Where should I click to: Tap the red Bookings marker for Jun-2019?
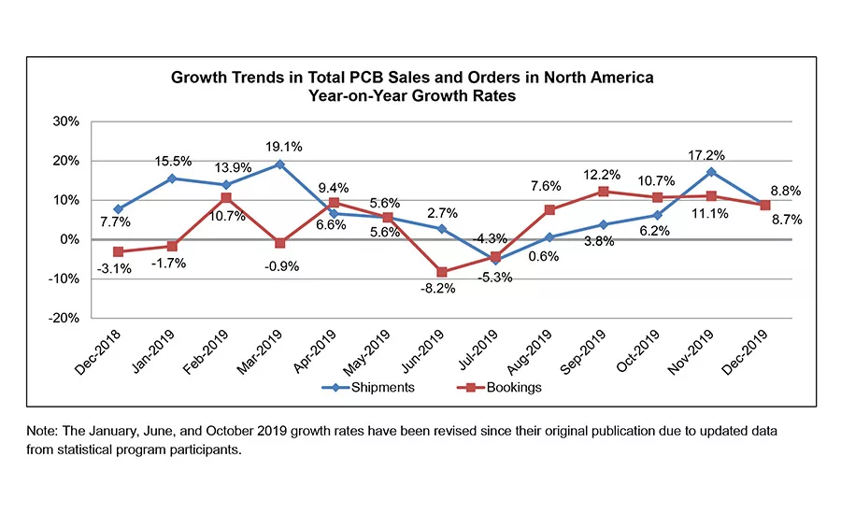[x=440, y=272]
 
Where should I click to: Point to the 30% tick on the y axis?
[x=64, y=121]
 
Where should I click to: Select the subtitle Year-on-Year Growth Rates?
[x=412, y=95]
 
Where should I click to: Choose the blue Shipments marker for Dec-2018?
[x=118, y=209]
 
